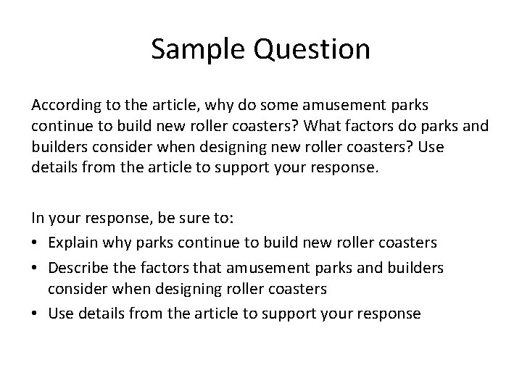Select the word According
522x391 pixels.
[64, 106]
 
